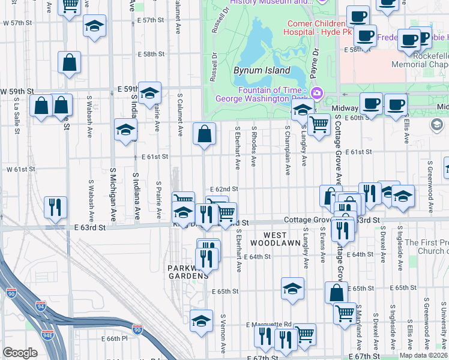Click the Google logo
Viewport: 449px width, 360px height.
20,353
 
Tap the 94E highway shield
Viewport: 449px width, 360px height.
47,335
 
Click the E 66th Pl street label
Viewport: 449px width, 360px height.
115,339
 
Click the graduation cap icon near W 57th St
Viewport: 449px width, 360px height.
94,26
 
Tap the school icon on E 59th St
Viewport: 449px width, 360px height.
149,93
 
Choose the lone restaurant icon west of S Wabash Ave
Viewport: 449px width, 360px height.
55,207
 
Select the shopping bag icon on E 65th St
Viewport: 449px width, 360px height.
336,292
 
